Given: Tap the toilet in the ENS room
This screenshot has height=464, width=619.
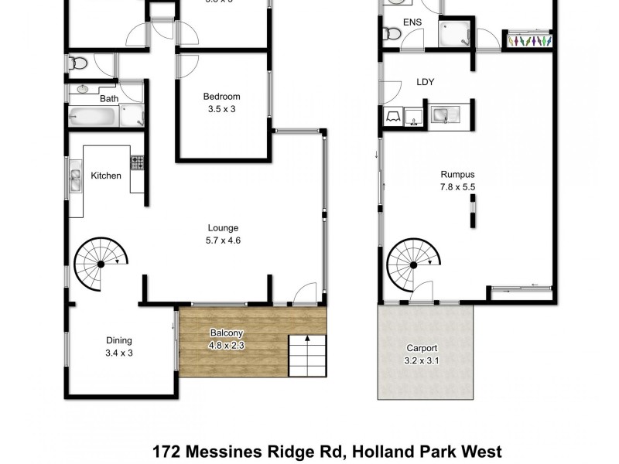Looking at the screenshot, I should pyautogui.click(x=392, y=33).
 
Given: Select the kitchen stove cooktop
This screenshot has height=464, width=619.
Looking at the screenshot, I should pyautogui.click(x=138, y=163).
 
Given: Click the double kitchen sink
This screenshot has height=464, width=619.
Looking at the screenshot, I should pyautogui.click(x=75, y=179).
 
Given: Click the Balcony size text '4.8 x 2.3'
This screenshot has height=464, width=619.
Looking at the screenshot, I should pyautogui.click(x=227, y=346).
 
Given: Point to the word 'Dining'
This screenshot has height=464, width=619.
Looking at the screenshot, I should pyautogui.click(x=119, y=340).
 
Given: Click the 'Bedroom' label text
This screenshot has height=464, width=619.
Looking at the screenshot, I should pyautogui.click(x=221, y=97).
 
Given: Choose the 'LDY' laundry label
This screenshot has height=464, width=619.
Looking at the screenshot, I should pyautogui.click(x=426, y=81).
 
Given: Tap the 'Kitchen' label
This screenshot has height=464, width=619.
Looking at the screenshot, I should pyautogui.click(x=106, y=176).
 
